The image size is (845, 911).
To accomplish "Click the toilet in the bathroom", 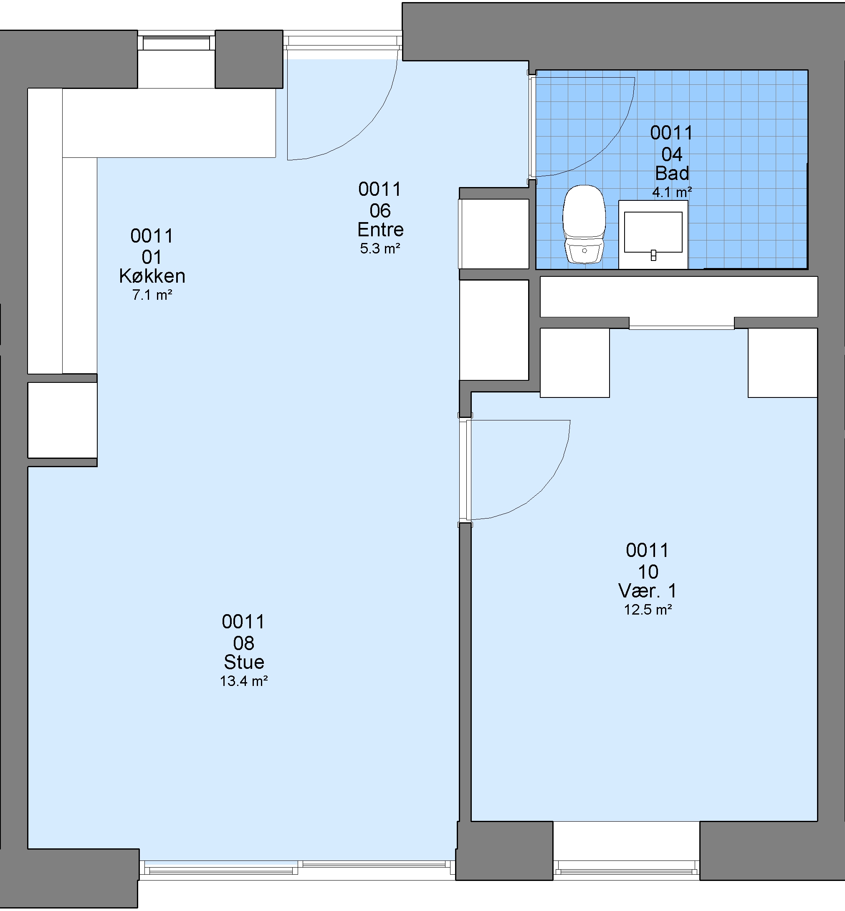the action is pos(584,224).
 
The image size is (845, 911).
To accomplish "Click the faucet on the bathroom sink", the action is pos(653,255).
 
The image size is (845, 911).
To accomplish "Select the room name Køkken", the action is pos(152,276).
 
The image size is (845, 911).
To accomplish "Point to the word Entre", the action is pos(380,230).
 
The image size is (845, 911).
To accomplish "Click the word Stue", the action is pos(244,662).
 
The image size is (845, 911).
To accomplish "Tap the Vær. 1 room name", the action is pos(648,591).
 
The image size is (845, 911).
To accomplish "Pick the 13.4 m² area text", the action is pos(244,681).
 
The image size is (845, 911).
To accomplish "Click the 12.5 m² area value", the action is pos(648,610).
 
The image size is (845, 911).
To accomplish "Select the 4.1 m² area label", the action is pos(672,192).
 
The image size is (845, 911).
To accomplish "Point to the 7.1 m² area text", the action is pos(152,295).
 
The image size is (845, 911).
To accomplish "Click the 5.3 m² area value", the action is pos(380,248).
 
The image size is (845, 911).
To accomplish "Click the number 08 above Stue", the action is pos(244,643).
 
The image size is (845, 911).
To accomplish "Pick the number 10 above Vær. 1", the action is pos(648,572).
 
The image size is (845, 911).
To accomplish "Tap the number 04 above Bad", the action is pos(672,154).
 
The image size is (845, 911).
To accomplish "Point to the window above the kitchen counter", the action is pos(176,43).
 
